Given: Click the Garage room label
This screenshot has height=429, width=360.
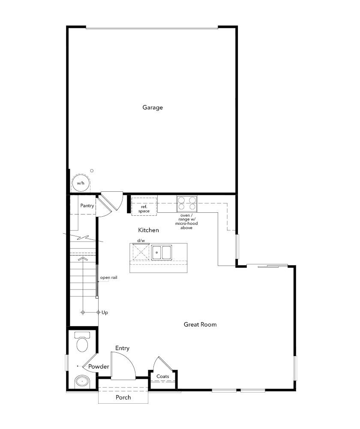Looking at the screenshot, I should point(153,108).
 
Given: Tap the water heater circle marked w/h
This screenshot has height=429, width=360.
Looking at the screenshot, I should point(80,183).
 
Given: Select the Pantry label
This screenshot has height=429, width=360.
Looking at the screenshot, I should point(87,206).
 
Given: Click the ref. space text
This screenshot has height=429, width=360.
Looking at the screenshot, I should point(144,209).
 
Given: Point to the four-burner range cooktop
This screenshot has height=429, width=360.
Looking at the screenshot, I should point(187,204).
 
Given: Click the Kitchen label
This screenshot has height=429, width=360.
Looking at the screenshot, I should point(148,230).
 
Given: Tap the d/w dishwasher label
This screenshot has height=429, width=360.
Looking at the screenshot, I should point(141,241).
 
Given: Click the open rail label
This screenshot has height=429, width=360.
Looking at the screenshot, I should point(108,278).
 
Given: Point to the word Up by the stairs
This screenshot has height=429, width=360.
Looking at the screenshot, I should point(105,312).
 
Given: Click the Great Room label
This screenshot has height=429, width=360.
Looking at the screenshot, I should point(200,324).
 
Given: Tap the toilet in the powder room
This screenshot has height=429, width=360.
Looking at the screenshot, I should point(82,342).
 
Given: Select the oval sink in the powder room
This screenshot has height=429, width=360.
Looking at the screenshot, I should point(81,381).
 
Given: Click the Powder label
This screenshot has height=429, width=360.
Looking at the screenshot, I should point(99,367).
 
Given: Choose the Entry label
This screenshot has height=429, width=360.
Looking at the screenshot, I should point(122,348).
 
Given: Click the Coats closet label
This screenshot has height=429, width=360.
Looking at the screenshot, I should point(163,377).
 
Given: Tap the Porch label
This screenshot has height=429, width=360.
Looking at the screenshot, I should point(123,397).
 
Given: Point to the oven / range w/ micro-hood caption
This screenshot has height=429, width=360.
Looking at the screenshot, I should point(186,221).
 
